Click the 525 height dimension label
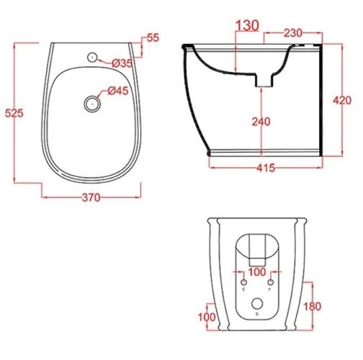(14, 113)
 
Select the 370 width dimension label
(91, 197)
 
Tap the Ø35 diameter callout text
(122, 63)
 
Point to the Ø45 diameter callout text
(118, 91)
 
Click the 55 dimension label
(153, 38)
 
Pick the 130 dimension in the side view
(248, 25)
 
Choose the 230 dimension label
(293, 33)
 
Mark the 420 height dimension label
(342, 100)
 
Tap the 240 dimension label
(261, 122)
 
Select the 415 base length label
(266, 168)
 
